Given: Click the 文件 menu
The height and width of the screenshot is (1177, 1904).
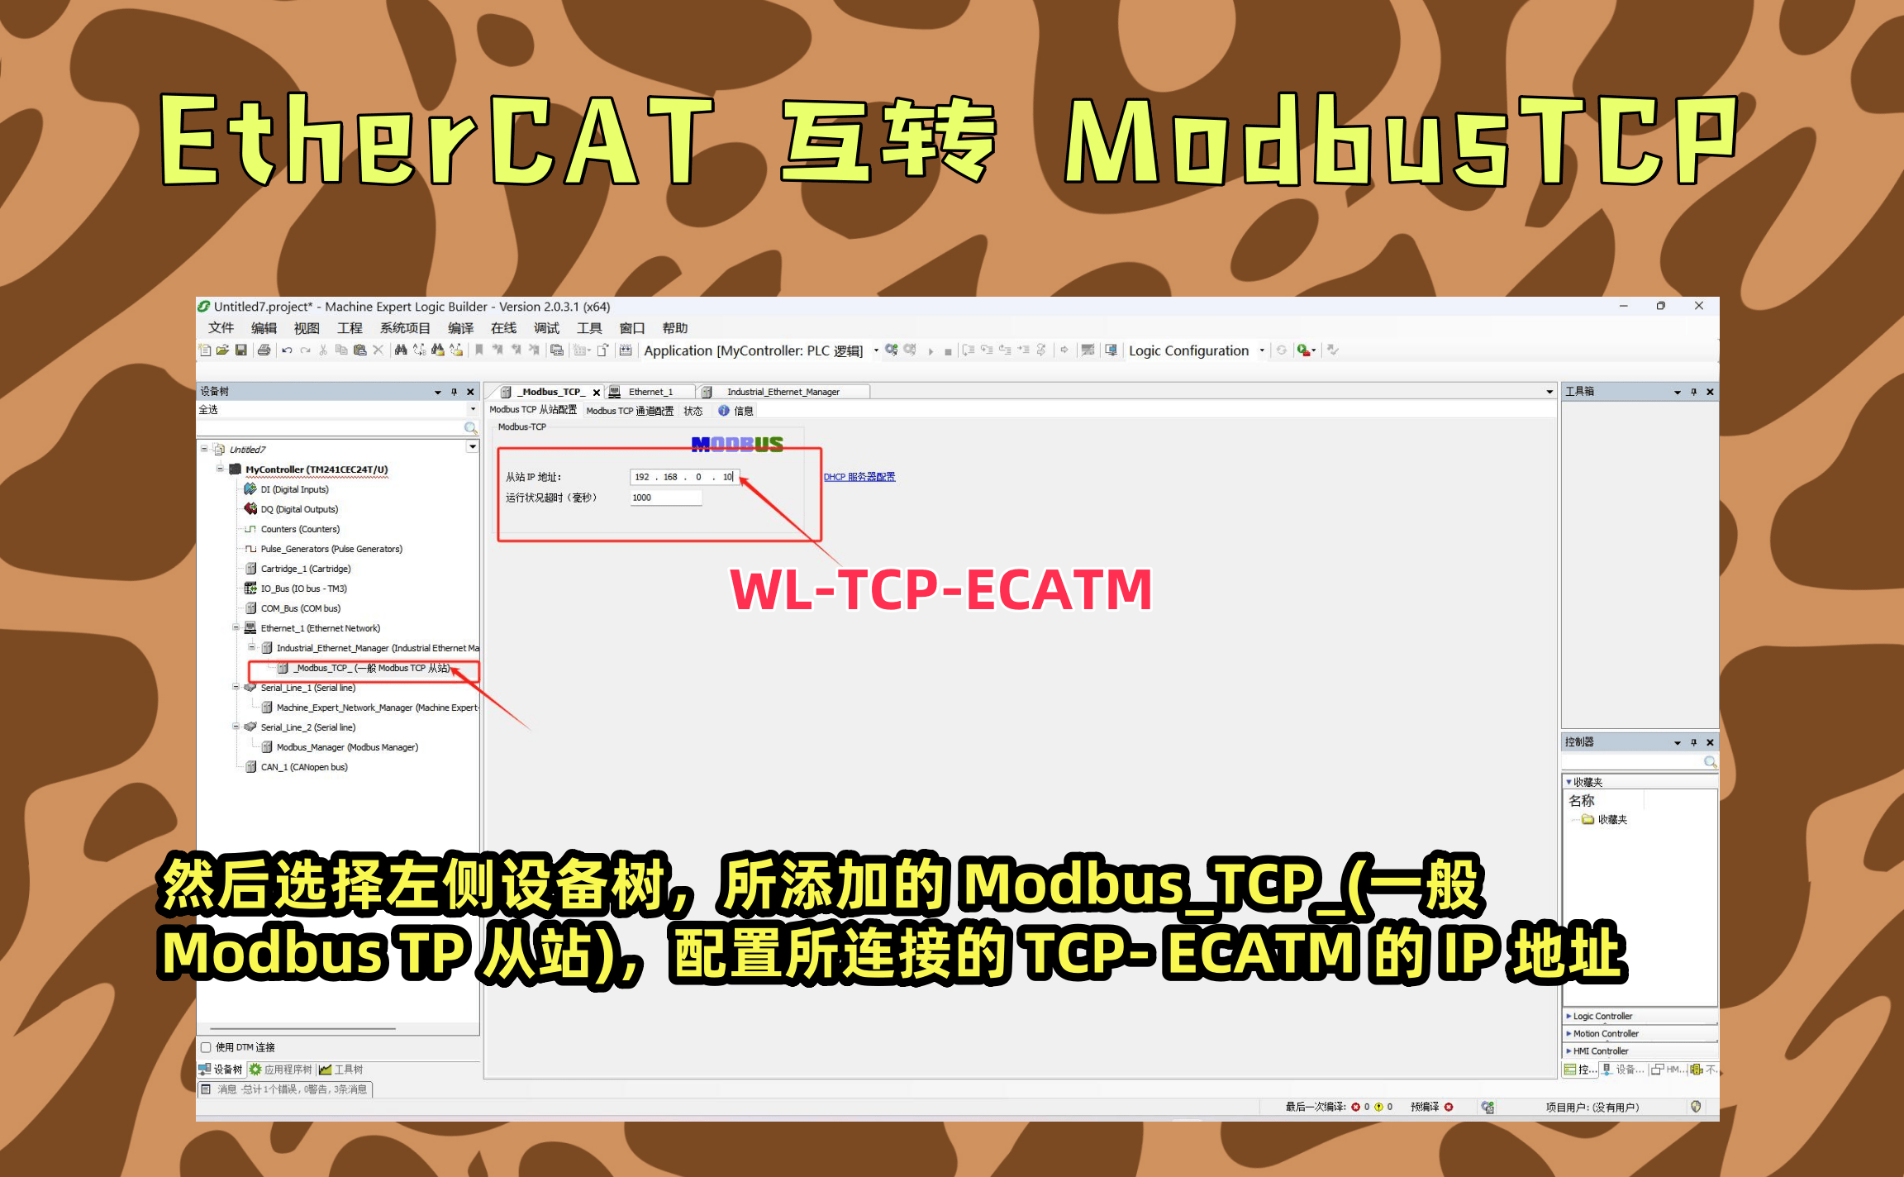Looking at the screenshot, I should pos(221,328).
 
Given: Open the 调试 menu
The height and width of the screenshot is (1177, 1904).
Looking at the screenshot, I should pos(546,328).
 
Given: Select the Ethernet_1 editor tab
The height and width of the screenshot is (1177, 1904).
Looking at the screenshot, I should pos(650,392).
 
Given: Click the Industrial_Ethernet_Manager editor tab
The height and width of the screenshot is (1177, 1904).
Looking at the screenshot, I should pos(783,392).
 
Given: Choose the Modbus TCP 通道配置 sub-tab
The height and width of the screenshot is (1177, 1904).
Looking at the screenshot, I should pos(630,411).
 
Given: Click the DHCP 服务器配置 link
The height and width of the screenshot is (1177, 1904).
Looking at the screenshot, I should pos(859,477).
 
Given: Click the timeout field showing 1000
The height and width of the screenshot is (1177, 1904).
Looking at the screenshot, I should pos(665,498).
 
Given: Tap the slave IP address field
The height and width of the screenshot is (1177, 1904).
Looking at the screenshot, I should pos(683,477).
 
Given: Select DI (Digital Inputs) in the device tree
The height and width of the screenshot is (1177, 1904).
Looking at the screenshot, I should pos(294,489).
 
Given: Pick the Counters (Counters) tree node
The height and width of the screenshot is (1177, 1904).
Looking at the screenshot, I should pos(300,529).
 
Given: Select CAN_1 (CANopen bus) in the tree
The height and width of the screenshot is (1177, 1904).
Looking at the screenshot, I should pos(304,767).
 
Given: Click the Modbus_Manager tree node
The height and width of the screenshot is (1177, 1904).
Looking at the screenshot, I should pos(347,747).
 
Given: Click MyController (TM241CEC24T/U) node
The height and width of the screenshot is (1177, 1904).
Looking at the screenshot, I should pos(317,469).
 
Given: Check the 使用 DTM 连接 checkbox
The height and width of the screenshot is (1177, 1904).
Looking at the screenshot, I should pos(206,1047).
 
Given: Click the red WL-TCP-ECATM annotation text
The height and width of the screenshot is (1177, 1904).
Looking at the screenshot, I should pos(940,590).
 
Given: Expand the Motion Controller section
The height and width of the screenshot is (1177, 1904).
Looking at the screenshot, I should pos(1605,1034).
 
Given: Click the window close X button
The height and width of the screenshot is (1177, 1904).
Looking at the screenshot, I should pos(1699,306).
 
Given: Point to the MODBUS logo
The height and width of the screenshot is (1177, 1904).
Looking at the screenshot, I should pos(737,445).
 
